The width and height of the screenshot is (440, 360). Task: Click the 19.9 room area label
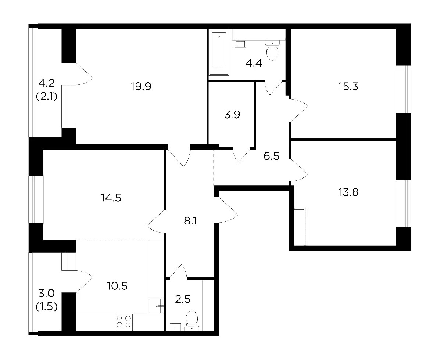(x=141, y=86)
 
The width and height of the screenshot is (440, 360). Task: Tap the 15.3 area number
(x=348, y=86)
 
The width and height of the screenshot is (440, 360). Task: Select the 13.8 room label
(x=348, y=192)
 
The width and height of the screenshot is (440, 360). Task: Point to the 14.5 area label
(x=111, y=198)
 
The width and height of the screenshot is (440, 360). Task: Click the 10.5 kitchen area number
(x=117, y=286)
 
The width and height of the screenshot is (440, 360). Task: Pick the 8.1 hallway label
(x=190, y=221)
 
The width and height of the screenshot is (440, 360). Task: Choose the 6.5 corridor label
(x=271, y=156)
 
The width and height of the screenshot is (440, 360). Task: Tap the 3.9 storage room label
(x=232, y=115)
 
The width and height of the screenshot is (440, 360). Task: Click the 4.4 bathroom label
(x=254, y=63)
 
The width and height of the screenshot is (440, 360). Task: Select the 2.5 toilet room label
(x=183, y=299)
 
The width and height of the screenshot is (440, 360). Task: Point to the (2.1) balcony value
(x=47, y=97)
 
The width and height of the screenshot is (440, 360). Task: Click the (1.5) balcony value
(x=47, y=307)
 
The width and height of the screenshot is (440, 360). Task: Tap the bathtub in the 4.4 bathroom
(x=219, y=52)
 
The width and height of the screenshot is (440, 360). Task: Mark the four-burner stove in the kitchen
(x=124, y=322)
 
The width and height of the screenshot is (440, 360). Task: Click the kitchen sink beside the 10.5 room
(x=155, y=306)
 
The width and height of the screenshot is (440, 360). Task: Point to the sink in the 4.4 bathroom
(x=241, y=43)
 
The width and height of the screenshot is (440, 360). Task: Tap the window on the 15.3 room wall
(x=403, y=89)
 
